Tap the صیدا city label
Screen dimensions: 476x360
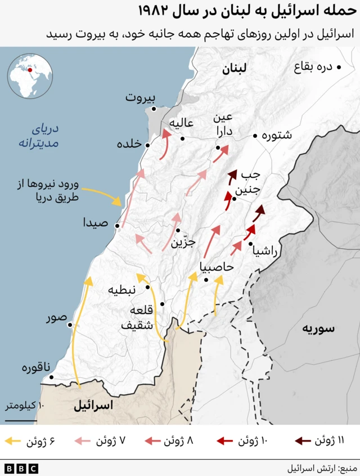point(96,222)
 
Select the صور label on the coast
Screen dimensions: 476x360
point(56,319)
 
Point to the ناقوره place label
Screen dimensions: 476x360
point(33,369)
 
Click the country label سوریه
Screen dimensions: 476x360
point(318,329)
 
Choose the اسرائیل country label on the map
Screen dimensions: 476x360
point(93,405)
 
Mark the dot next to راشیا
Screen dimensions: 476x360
point(250,244)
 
